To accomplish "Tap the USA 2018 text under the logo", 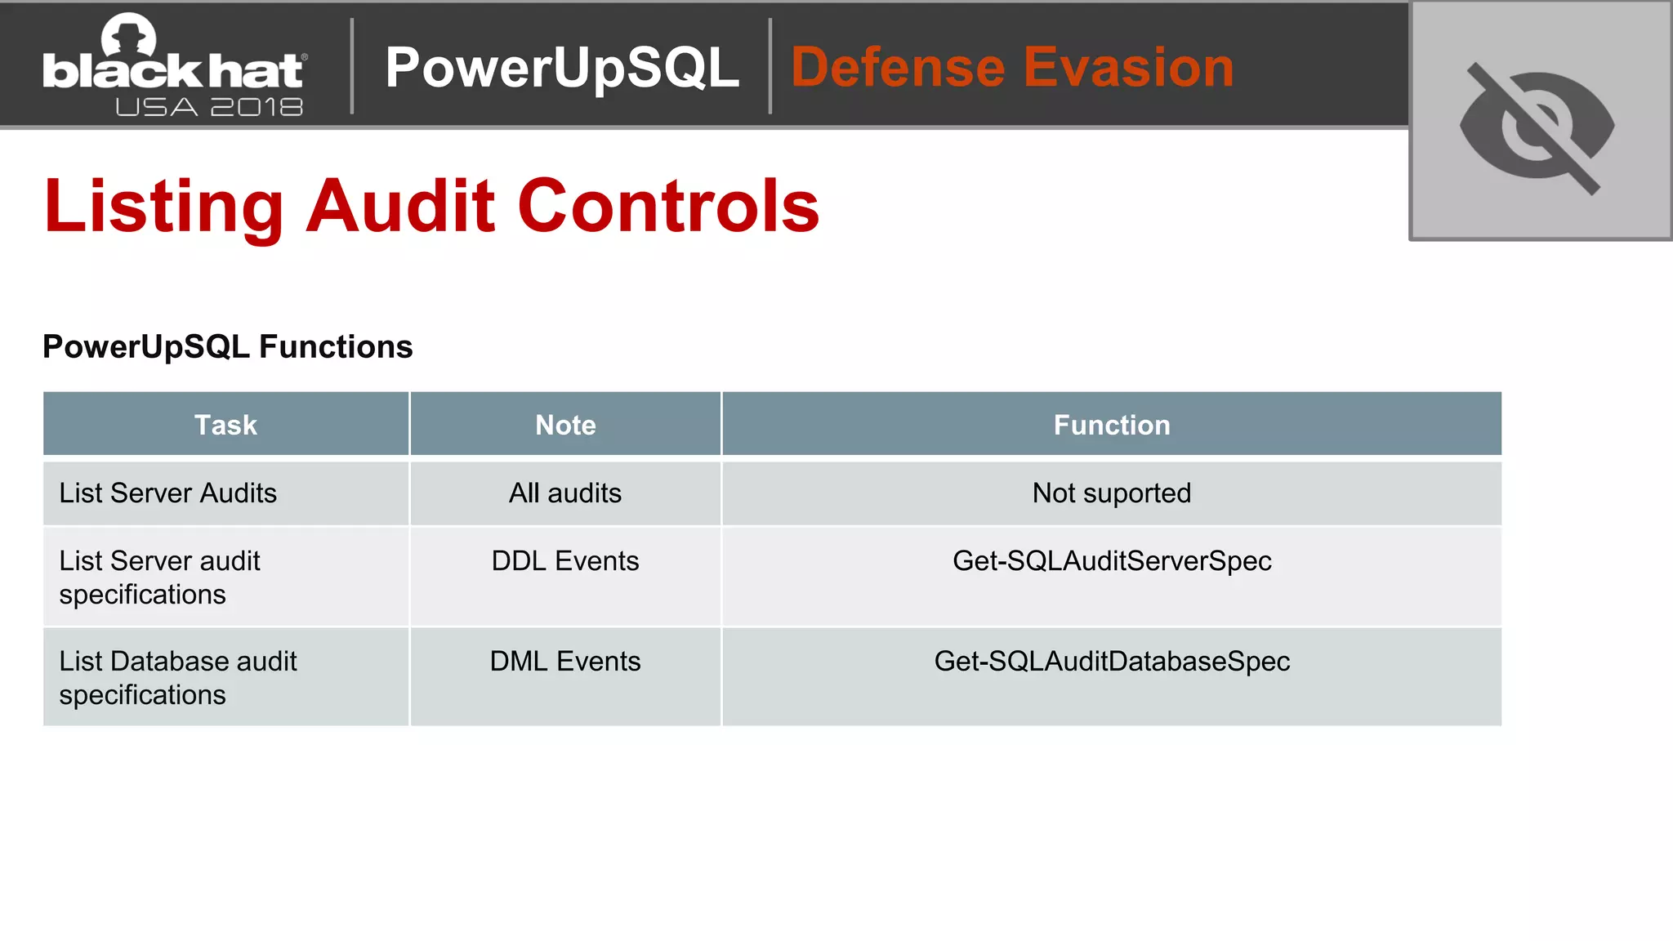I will coord(209,107).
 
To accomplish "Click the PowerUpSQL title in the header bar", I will coord(562,67).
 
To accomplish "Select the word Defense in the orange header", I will coord(898,67).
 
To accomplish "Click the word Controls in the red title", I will coord(668,207).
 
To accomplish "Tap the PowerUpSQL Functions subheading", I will coord(228,347).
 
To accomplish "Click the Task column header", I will coord(225,425).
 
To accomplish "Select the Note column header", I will coord(565,425).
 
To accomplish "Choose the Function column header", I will coord(1112,425).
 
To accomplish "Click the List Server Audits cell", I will coord(168,493).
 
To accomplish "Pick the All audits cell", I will coord(565,493).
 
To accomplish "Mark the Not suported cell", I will coord(1112,493).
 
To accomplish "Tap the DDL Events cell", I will coord(565,561).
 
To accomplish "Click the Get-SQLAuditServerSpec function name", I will coord(1112,561).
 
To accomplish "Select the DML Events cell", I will coord(565,662).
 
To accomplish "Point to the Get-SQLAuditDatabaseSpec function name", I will coord(1112,662).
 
